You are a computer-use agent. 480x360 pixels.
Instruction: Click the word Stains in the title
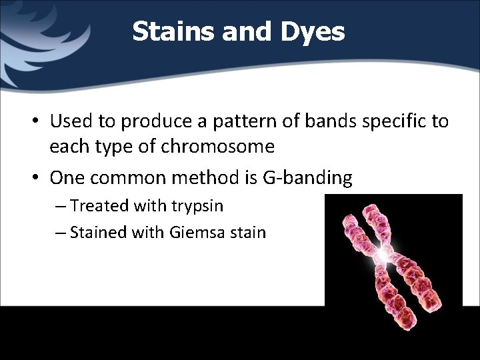coord(167,31)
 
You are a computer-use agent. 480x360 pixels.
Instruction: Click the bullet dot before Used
coord(39,121)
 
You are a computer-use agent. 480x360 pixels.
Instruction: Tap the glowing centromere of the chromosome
coord(383,254)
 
